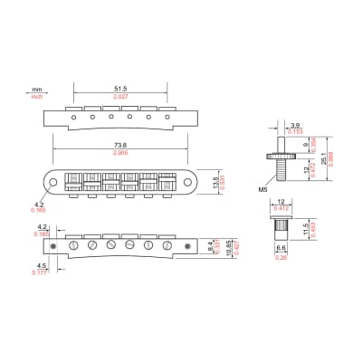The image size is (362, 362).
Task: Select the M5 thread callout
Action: [262, 189]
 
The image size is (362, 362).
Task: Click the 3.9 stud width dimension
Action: [295, 125]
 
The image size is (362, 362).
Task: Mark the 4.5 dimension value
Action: [40, 266]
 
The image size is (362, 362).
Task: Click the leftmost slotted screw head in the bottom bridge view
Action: [73, 245]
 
